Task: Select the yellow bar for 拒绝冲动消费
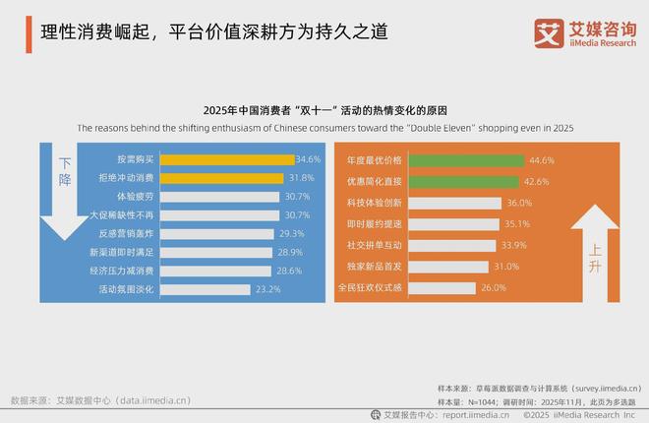[x=223, y=178]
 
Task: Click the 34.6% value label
[x=308, y=159]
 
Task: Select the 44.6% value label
[x=542, y=159]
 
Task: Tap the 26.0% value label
[x=493, y=288]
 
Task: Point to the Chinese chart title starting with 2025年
[x=324, y=110]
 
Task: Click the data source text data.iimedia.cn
[x=99, y=400]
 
